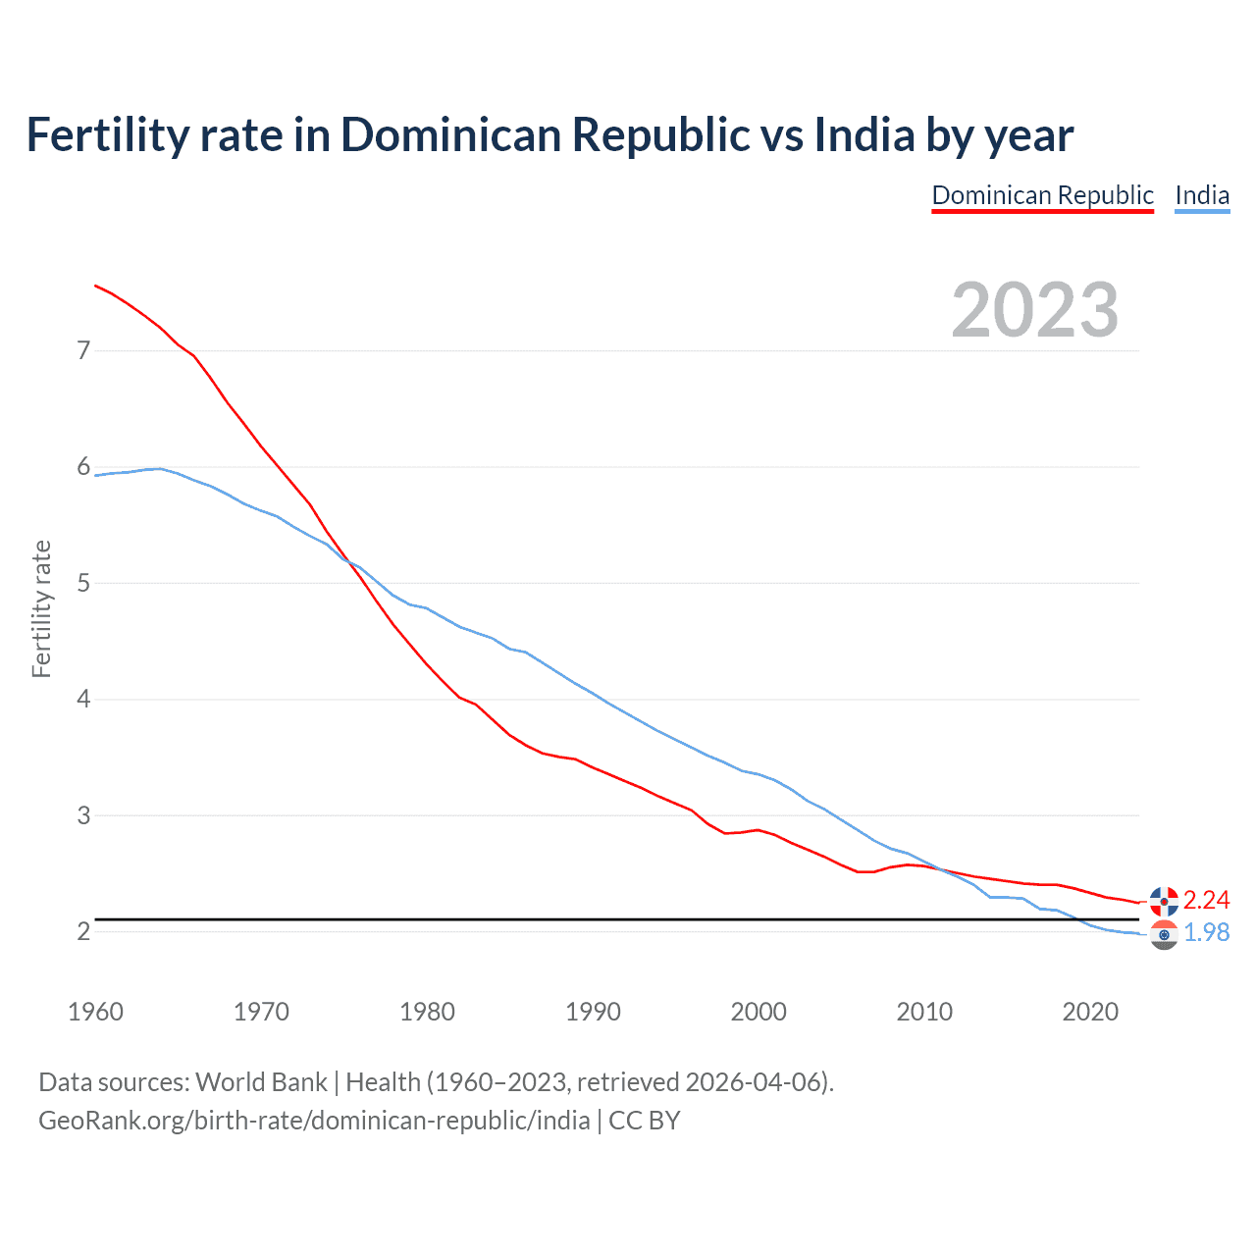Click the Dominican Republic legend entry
point(1042,195)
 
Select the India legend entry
point(1202,195)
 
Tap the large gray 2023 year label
point(1035,310)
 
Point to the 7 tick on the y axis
point(83,350)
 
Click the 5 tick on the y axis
point(83,583)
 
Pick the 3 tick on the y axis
point(83,815)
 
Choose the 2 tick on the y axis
point(83,931)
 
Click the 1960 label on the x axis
point(95,1012)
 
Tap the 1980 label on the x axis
point(427,1012)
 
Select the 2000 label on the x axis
point(759,1012)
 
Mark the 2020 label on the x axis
point(1090,1012)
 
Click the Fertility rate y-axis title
point(41,608)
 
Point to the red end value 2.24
point(1206,900)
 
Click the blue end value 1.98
point(1206,932)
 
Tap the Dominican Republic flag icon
point(1164,900)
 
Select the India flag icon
point(1164,934)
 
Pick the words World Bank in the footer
point(261,1082)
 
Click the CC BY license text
point(645,1121)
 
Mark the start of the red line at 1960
point(95,286)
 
